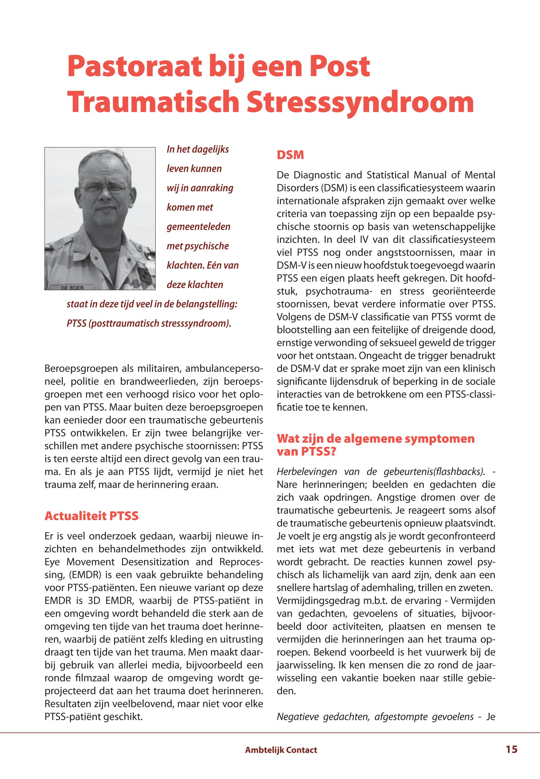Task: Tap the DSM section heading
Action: tap(290, 156)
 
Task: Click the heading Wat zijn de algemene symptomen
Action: tap(376, 439)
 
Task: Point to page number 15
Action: tap(512, 749)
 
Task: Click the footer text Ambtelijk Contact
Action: tap(281, 750)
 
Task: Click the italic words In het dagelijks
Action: tap(198, 149)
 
